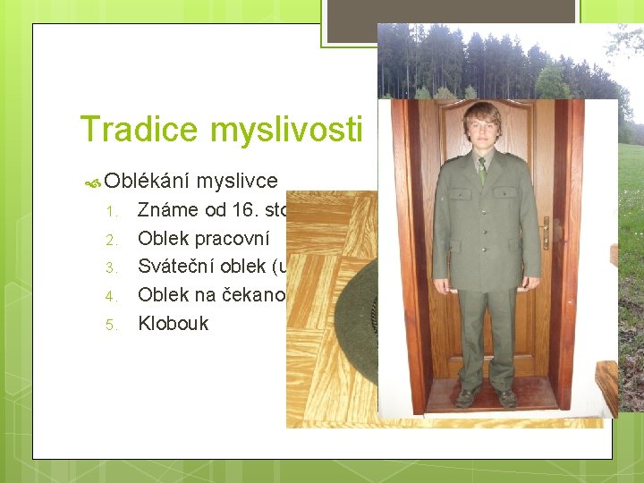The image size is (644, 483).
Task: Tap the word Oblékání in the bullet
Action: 147,181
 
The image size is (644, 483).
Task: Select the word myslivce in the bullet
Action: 237,181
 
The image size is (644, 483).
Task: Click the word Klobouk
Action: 173,324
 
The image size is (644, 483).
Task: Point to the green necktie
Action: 483,169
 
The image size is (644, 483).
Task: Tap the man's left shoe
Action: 507,398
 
